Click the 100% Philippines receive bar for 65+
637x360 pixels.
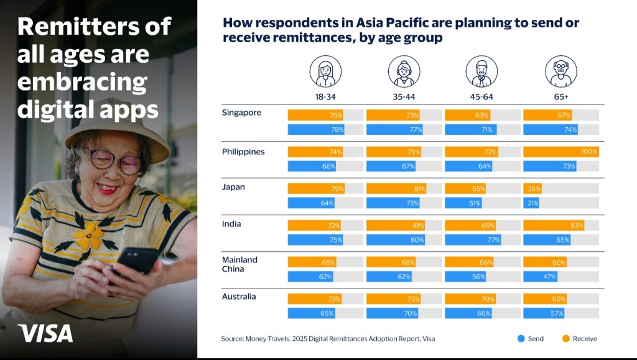(x=561, y=152)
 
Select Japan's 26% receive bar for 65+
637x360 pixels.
(x=532, y=188)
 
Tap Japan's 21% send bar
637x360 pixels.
(x=531, y=203)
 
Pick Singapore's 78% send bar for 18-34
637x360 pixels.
(x=316, y=129)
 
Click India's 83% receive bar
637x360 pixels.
(x=554, y=225)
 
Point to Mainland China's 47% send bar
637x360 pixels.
(x=541, y=277)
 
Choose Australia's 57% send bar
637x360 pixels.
(x=544, y=313)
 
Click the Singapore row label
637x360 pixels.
(x=241, y=113)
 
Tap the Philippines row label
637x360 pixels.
(x=243, y=152)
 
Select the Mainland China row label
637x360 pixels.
(x=239, y=264)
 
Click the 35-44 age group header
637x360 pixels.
(x=404, y=97)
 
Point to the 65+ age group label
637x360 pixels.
(x=561, y=97)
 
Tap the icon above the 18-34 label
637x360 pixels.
(x=325, y=72)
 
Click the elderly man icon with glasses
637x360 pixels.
(x=561, y=72)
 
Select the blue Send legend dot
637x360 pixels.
(x=521, y=338)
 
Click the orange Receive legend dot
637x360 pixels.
(x=566, y=338)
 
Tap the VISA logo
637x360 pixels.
(x=45, y=333)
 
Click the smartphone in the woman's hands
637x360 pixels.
(x=136, y=261)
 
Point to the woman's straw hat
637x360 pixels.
(x=118, y=130)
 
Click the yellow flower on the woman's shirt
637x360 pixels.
(x=89, y=236)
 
